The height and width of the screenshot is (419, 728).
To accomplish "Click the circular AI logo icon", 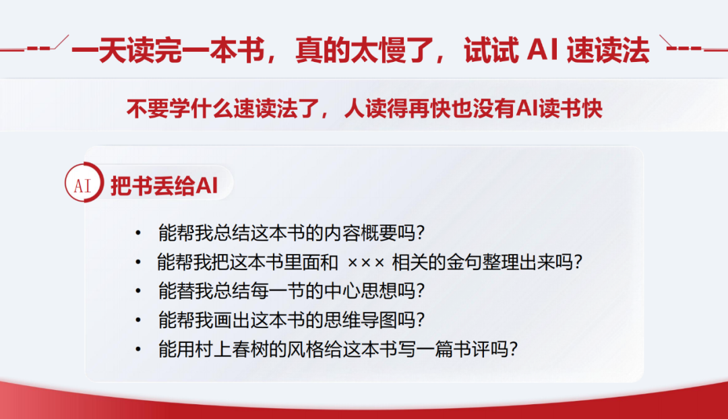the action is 84,183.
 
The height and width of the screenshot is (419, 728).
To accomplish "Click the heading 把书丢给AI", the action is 164,186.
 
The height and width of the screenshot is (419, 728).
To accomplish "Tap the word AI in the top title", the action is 542,50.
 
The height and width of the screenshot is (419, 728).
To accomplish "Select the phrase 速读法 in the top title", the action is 608,50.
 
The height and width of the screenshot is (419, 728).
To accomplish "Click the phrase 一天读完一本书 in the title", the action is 169,50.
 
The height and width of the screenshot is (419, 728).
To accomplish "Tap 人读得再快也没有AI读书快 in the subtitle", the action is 473,108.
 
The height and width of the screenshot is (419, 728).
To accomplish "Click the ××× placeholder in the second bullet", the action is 365,263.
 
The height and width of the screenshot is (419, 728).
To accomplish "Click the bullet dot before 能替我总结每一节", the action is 138,292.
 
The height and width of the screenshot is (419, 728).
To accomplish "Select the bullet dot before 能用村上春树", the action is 138,350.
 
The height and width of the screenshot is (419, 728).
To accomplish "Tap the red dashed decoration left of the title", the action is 35,46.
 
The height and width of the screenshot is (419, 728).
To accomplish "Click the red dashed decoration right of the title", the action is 693,46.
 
